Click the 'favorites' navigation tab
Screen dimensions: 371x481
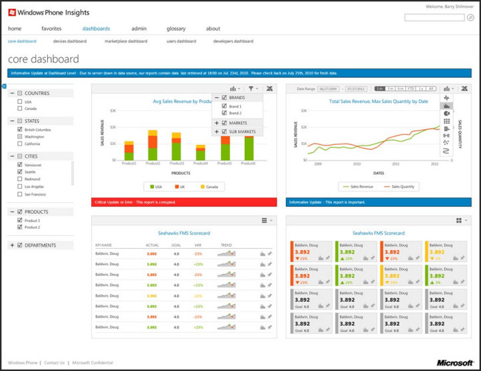tap(51, 29)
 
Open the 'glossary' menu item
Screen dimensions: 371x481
tap(176, 29)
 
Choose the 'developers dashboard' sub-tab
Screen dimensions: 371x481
tap(233, 41)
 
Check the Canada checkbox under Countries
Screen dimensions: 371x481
tap(20, 108)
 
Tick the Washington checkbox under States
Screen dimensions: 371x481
tap(20, 136)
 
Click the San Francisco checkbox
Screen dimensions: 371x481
tap(20, 194)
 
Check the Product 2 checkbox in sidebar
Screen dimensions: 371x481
tap(20, 227)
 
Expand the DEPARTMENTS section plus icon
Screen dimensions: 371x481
tap(12, 245)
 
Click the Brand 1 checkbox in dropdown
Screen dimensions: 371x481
tap(224, 106)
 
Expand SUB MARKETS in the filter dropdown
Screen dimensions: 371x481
tap(217, 132)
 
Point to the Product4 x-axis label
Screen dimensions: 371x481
tap(200, 164)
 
